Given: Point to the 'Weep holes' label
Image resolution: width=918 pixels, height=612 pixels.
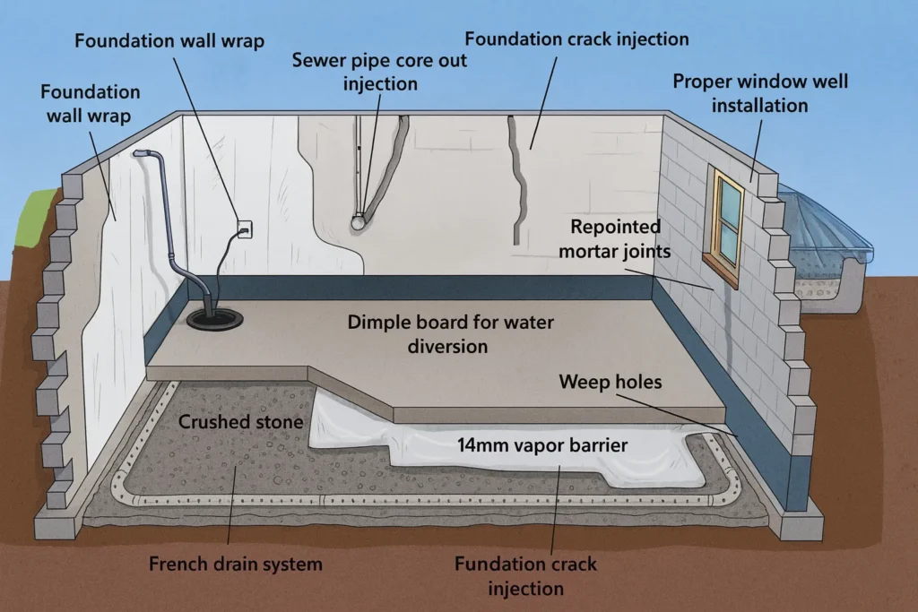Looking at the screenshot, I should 610,383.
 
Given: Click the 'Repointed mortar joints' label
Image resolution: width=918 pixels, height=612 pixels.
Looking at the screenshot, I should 614,239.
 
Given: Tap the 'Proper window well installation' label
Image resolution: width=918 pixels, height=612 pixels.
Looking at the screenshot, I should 760,93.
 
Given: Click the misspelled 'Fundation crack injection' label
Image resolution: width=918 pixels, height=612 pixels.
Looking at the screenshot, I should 525,576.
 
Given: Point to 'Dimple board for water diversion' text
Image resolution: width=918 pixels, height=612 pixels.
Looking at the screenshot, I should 452,334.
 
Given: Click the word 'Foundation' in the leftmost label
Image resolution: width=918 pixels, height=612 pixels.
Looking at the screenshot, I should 90,92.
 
